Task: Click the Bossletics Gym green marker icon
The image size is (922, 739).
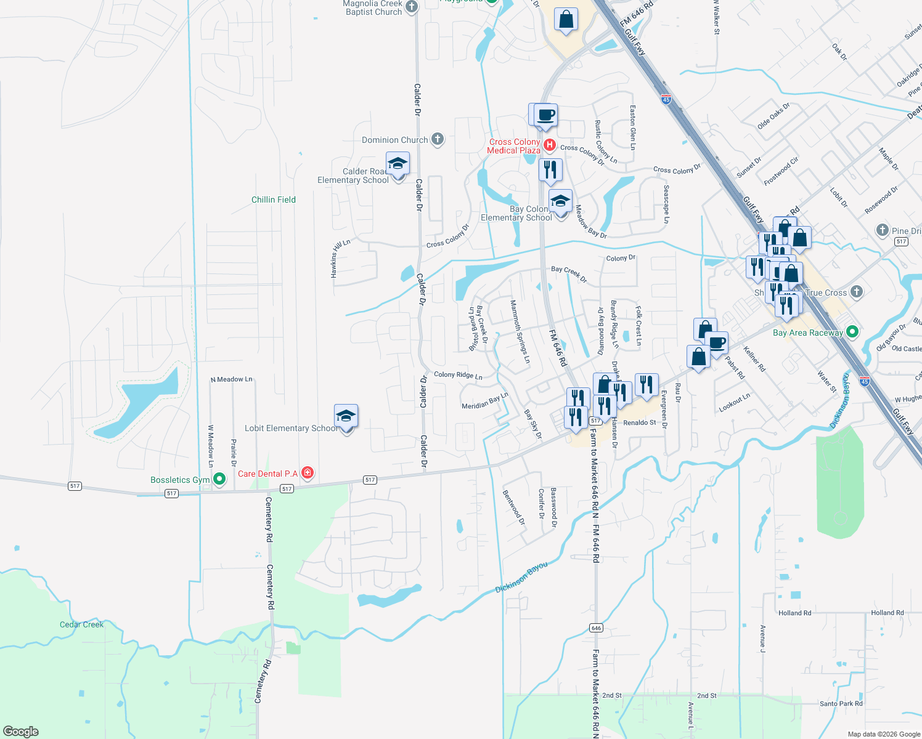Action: (219, 479)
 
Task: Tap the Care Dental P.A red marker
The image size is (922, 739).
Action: (308, 473)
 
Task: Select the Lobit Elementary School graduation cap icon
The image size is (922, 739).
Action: (346, 417)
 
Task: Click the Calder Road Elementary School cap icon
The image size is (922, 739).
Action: (398, 164)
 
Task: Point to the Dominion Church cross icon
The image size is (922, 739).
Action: (438, 139)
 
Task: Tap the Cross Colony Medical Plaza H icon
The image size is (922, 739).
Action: (549, 146)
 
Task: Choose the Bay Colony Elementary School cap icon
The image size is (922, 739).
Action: (560, 202)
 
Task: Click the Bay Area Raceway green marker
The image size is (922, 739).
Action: (852, 332)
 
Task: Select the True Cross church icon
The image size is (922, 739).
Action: (856, 292)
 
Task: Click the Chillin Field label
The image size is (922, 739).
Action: (274, 200)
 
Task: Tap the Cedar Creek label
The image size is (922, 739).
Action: (82, 624)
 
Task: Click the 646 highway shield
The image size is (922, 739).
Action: (595, 628)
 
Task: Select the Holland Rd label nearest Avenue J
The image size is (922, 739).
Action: (794, 613)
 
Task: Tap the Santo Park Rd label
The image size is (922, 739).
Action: (841, 703)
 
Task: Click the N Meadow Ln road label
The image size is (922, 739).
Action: (231, 379)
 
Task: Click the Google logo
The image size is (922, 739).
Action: (21, 732)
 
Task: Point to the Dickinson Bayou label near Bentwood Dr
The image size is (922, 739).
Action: (521, 577)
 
